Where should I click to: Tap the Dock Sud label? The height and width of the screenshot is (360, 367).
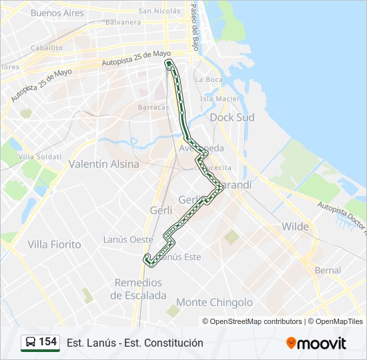coord(232,117)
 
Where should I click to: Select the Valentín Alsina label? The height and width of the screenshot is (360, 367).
coord(104,164)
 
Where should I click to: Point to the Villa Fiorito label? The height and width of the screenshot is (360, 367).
coord(54,245)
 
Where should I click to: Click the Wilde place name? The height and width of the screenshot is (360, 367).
coord(295,227)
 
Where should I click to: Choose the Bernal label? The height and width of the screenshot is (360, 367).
coord(327,271)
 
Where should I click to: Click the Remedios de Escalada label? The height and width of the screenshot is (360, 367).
coord(139,289)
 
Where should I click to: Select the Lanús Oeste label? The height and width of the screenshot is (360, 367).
coord(128,239)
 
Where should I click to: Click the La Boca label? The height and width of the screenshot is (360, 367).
coord(208,79)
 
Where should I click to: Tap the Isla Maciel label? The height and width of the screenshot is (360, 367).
coord(219,99)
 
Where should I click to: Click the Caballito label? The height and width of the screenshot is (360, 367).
coord(46,48)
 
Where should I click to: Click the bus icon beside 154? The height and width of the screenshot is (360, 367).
coord(30,342)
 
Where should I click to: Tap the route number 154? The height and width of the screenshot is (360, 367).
coord(48,342)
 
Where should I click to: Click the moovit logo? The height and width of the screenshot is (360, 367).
coord(316,343)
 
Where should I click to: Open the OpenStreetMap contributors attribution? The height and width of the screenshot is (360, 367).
coord(252,321)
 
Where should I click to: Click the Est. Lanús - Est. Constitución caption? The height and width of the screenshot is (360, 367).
coord(135,343)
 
